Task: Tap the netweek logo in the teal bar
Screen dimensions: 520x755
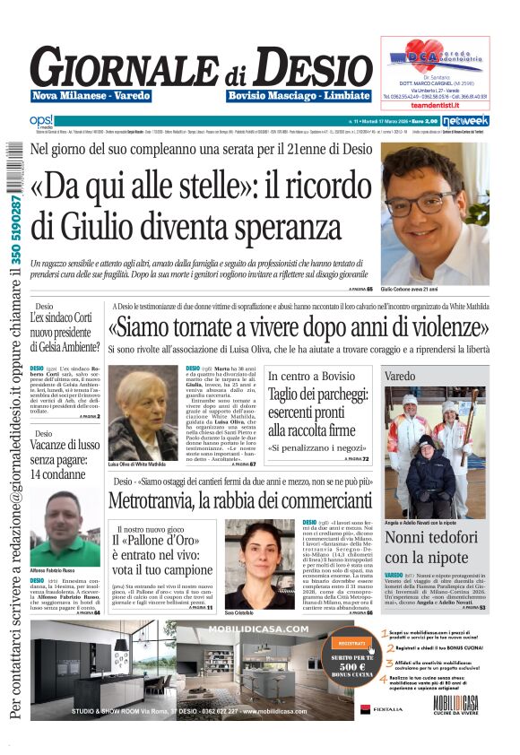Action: tap(464, 120)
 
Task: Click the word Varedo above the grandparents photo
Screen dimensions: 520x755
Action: tap(401, 377)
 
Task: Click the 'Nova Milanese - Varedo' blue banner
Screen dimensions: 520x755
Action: tap(80, 96)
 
